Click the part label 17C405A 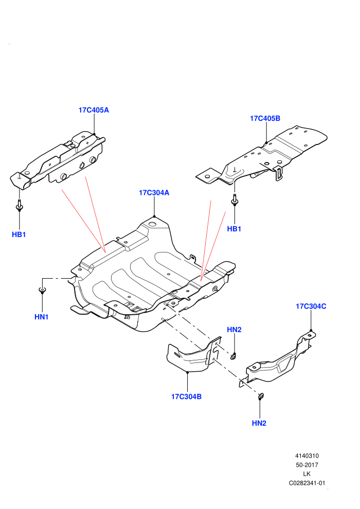(x=94, y=110)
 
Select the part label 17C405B (x=265, y=118)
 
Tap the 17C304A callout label (x=154, y=193)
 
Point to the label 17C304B (x=186, y=397)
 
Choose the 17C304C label (x=311, y=306)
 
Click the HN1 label (x=42, y=317)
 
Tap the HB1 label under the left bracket (x=19, y=234)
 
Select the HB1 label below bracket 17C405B (x=234, y=229)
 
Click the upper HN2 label (x=234, y=330)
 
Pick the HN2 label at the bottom (x=259, y=423)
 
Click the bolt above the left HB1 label (x=19, y=206)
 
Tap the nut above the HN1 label (x=42, y=290)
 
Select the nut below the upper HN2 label (x=233, y=356)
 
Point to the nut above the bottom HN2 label (x=260, y=396)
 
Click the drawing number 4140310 (x=307, y=456)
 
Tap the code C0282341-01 (x=307, y=483)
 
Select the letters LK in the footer (x=307, y=474)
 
